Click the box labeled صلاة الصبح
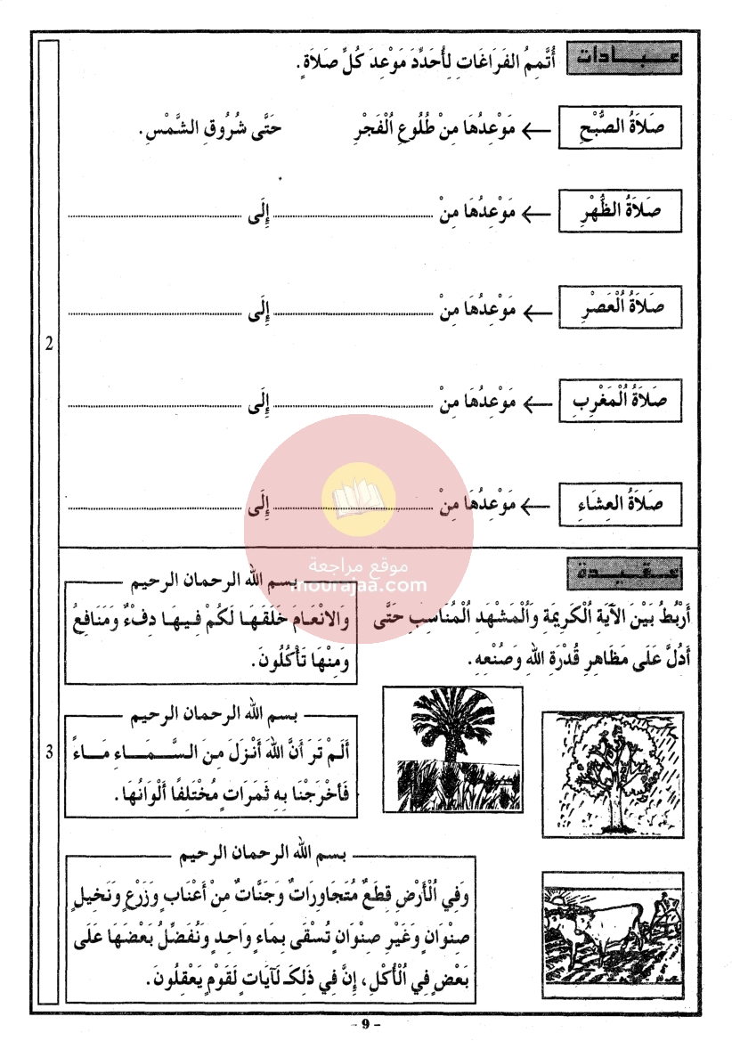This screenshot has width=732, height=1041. [621, 129]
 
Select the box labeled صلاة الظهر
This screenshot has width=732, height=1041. [621, 215]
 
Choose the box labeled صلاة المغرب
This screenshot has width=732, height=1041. [621, 401]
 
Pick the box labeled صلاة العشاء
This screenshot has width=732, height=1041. [621, 503]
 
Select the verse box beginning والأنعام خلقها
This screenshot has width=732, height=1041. [212, 638]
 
